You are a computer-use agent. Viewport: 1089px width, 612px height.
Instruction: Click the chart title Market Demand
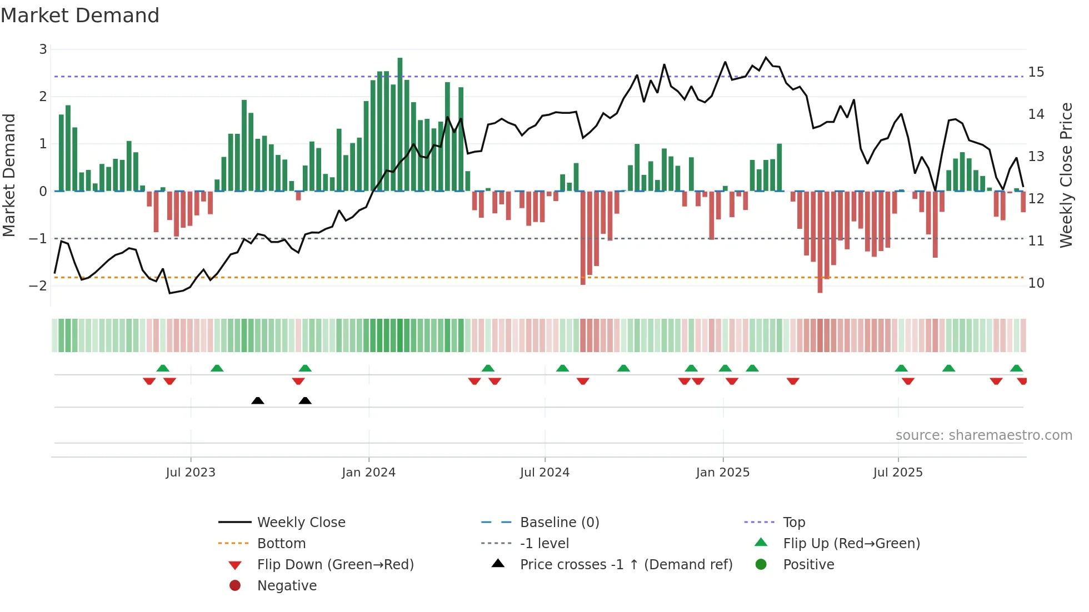tap(80, 16)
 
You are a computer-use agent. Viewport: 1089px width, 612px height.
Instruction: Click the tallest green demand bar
tap(400, 124)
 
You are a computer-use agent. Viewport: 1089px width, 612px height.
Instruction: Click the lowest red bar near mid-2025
tap(820, 242)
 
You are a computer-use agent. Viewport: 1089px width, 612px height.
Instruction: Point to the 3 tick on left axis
tap(43, 49)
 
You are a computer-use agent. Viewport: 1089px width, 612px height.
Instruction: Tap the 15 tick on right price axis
tap(1036, 72)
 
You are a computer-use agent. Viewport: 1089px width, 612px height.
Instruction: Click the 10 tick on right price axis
tap(1036, 283)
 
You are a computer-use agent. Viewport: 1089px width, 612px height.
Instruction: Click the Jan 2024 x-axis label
tap(368, 473)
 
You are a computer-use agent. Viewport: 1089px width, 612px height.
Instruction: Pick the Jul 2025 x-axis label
tap(897, 473)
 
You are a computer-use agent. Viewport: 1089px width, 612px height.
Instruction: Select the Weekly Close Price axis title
tap(1066, 175)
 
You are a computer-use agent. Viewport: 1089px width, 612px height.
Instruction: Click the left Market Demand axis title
tap(9, 175)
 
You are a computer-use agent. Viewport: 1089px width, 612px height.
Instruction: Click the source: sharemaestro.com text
tap(983, 435)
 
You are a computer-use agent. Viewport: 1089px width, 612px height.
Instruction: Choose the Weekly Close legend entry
tap(301, 523)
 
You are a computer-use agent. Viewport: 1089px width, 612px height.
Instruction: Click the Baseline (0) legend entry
tap(559, 523)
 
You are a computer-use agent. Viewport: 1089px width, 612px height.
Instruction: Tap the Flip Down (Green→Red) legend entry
tap(335, 565)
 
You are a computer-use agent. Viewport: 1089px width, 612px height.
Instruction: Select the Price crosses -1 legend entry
tap(626, 565)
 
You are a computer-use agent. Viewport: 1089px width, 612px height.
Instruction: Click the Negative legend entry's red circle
tap(235, 586)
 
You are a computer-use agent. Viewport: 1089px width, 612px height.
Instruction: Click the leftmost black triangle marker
tap(258, 400)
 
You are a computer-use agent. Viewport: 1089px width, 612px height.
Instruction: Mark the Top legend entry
tap(793, 523)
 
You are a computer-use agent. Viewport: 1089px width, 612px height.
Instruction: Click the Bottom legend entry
tap(281, 544)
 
